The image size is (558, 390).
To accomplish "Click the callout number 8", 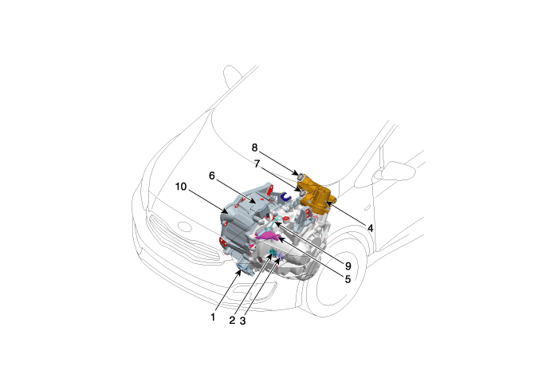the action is click(x=254, y=148).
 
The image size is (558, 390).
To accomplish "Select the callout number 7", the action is click(x=257, y=163).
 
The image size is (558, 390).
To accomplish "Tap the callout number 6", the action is click(x=212, y=175).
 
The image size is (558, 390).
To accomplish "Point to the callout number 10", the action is click(x=181, y=187).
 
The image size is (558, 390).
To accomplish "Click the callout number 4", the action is click(x=371, y=228).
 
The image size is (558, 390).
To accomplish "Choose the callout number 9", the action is click(x=348, y=266).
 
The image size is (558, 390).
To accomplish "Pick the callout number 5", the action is click(x=348, y=279).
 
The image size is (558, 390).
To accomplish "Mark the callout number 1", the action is click(x=213, y=317).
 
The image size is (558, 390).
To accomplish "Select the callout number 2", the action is click(x=232, y=321).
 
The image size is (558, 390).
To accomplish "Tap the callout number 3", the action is click(x=242, y=321).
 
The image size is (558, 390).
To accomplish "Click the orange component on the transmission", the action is click(x=316, y=196).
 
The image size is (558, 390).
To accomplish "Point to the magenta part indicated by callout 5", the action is click(x=268, y=235).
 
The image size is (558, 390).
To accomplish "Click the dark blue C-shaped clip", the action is click(x=285, y=196).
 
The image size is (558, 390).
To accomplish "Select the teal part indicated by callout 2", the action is click(x=273, y=254).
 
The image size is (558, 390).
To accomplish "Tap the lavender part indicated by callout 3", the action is click(x=280, y=256).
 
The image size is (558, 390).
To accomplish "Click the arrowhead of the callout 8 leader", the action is click(x=297, y=173).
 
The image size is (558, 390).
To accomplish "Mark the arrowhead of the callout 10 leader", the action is click(x=226, y=212).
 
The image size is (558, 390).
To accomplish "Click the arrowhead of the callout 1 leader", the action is click(x=239, y=273).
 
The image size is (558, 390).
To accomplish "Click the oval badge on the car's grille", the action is click(x=184, y=226).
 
